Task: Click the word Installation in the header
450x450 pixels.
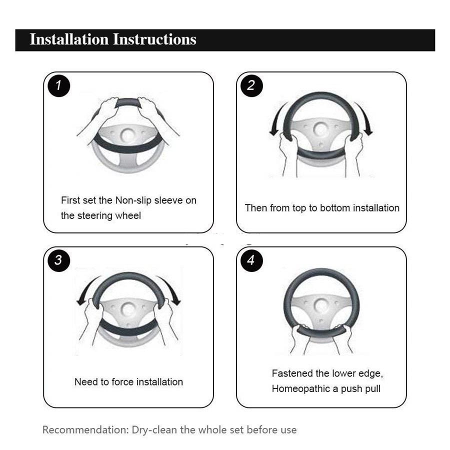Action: [x=69, y=39]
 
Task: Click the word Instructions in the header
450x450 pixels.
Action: [x=154, y=39]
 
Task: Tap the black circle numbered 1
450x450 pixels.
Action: [x=59, y=85]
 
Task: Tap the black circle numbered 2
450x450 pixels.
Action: [x=251, y=85]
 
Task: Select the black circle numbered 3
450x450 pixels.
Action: [x=59, y=260]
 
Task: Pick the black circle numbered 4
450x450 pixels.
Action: [x=251, y=260]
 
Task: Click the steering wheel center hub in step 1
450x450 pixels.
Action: [x=127, y=135]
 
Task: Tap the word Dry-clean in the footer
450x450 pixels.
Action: [x=154, y=430]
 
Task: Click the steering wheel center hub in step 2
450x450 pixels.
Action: [x=321, y=129]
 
